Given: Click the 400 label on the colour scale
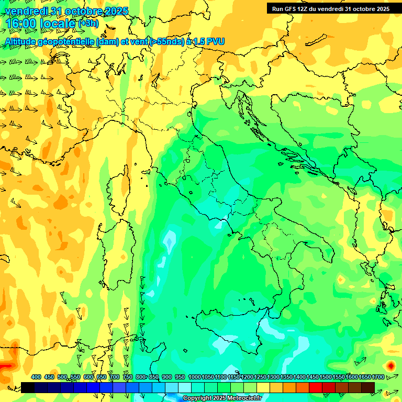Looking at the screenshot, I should pyautogui.click(x=36, y=377).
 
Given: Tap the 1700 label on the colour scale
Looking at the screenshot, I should pyautogui.click(x=368, y=377).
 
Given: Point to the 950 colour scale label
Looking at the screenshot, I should pyautogui.click(x=180, y=377).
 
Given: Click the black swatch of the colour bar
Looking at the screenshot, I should pyautogui.click(x=28, y=387).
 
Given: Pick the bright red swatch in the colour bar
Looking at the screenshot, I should pyautogui.click(x=316, y=387).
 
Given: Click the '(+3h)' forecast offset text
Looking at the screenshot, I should pyautogui.click(x=88, y=24).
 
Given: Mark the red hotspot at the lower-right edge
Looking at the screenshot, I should pyautogui.click(x=390, y=365).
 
